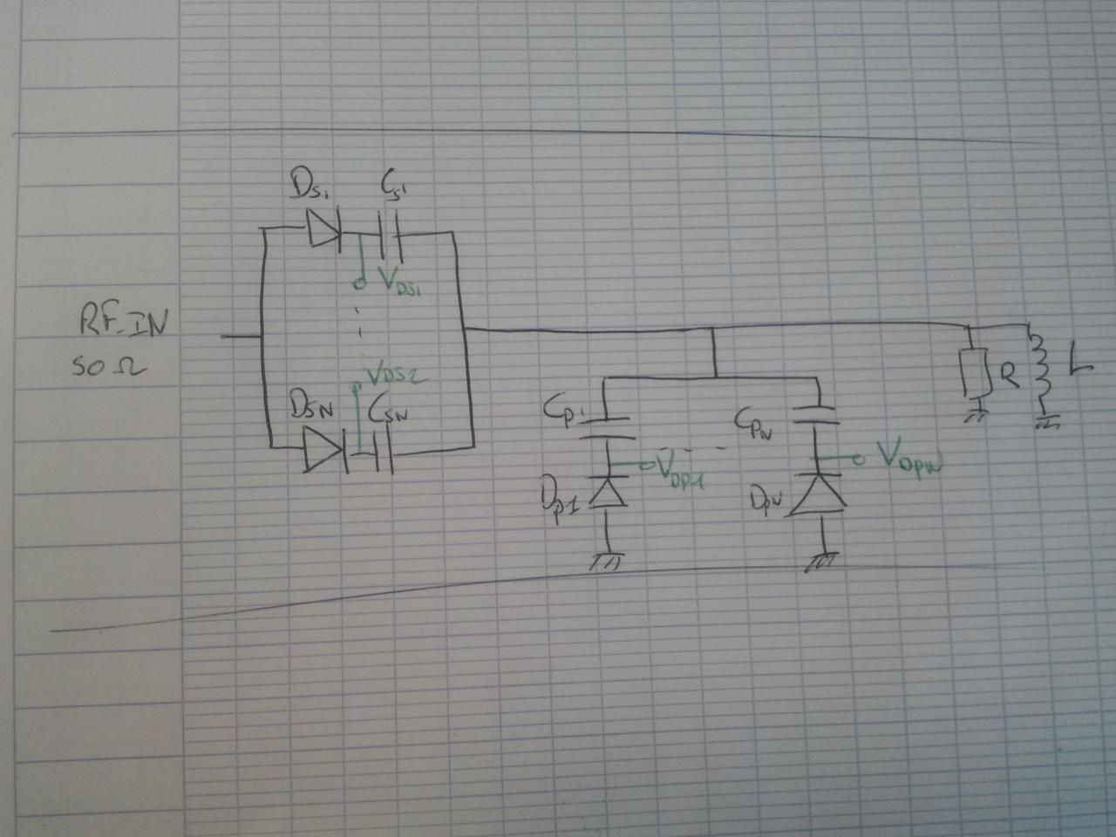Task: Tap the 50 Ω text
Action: point(108,367)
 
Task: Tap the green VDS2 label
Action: point(393,377)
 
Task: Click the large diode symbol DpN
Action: point(820,494)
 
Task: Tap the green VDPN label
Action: point(909,458)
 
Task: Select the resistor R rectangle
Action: point(975,372)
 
